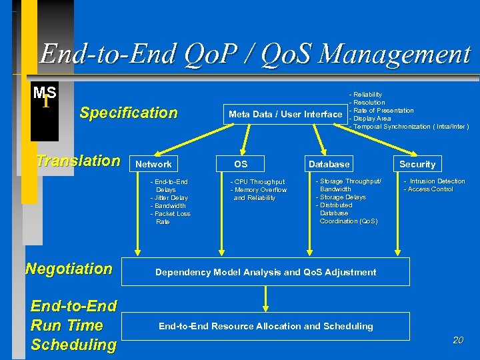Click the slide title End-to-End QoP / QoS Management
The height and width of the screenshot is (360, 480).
255,53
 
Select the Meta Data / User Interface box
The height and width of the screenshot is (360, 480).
285,114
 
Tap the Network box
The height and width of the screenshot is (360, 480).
154,164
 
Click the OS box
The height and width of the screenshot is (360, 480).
241,164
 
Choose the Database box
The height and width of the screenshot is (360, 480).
329,164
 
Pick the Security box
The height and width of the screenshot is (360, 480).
417,164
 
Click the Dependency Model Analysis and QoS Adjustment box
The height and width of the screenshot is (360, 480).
266,272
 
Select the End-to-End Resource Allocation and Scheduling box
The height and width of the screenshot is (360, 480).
266,326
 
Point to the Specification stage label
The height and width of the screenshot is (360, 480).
129,113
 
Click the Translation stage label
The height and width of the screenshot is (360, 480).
78,161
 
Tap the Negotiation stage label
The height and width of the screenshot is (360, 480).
69,269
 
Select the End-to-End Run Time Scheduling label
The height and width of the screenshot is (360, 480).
73,325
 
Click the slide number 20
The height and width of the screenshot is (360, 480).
457,340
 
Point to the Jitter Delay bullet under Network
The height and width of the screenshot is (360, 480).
169,198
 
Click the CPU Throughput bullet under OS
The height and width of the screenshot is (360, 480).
258,181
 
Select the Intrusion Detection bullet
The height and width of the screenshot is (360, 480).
435,181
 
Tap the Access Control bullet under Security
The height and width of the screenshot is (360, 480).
429,189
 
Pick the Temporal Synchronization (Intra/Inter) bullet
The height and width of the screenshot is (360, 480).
410,127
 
